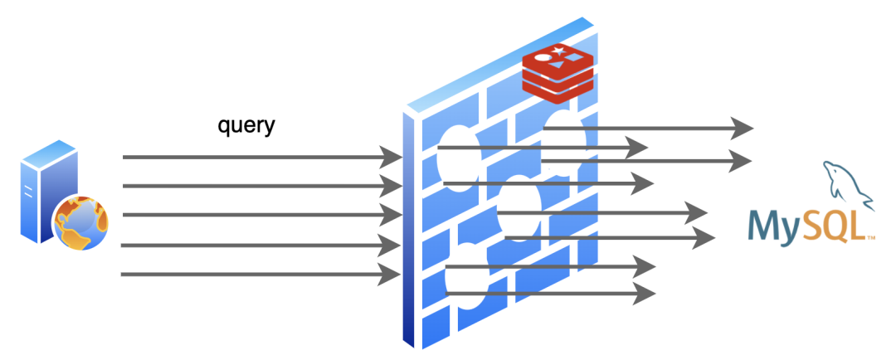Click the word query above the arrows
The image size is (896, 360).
[246, 126]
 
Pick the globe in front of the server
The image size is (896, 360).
[80, 222]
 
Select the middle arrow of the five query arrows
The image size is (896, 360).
[257, 215]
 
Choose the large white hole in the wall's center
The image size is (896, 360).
[520, 207]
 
